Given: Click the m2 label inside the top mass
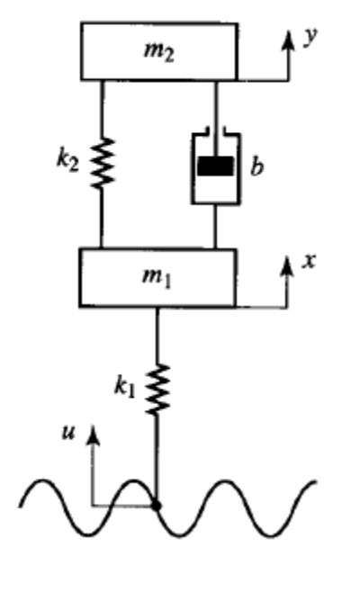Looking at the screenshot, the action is click(x=158, y=52).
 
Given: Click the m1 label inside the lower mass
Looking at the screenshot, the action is click(x=157, y=277).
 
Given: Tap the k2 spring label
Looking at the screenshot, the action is click(x=67, y=160).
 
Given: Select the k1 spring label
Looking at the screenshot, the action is click(x=125, y=386).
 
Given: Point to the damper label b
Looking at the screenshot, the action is click(x=256, y=166).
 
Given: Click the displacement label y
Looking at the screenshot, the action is click(x=311, y=37).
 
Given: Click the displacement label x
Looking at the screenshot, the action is click(x=309, y=261).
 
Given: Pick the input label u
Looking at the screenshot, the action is click(x=68, y=432).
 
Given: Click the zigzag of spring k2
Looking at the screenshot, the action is click(x=102, y=164).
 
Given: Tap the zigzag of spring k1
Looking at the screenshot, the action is click(x=157, y=390).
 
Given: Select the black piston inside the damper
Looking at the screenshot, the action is click(x=216, y=166).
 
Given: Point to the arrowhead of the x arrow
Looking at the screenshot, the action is click(x=287, y=267).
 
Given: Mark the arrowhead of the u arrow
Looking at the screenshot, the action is click(x=93, y=435).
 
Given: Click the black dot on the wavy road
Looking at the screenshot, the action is click(x=157, y=506).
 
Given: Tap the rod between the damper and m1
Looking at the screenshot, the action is click(x=215, y=227).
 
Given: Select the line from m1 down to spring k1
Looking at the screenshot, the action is click(x=157, y=336).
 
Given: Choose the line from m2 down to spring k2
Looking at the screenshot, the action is click(x=103, y=109).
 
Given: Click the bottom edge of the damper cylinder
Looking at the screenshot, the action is click(x=216, y=203).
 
